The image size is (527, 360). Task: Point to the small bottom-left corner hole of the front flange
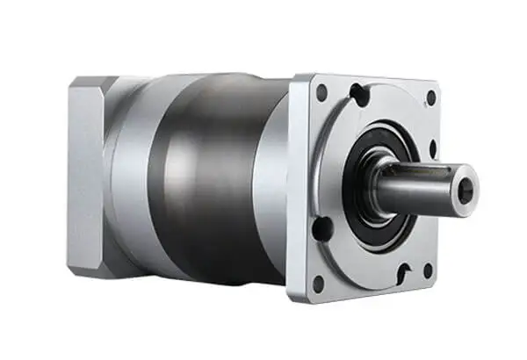tap(318, 283)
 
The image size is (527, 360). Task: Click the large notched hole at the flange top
tap(359, 94)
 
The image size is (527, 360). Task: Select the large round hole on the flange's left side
tap(322, 228)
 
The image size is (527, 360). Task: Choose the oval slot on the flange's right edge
tap(433, 149)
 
